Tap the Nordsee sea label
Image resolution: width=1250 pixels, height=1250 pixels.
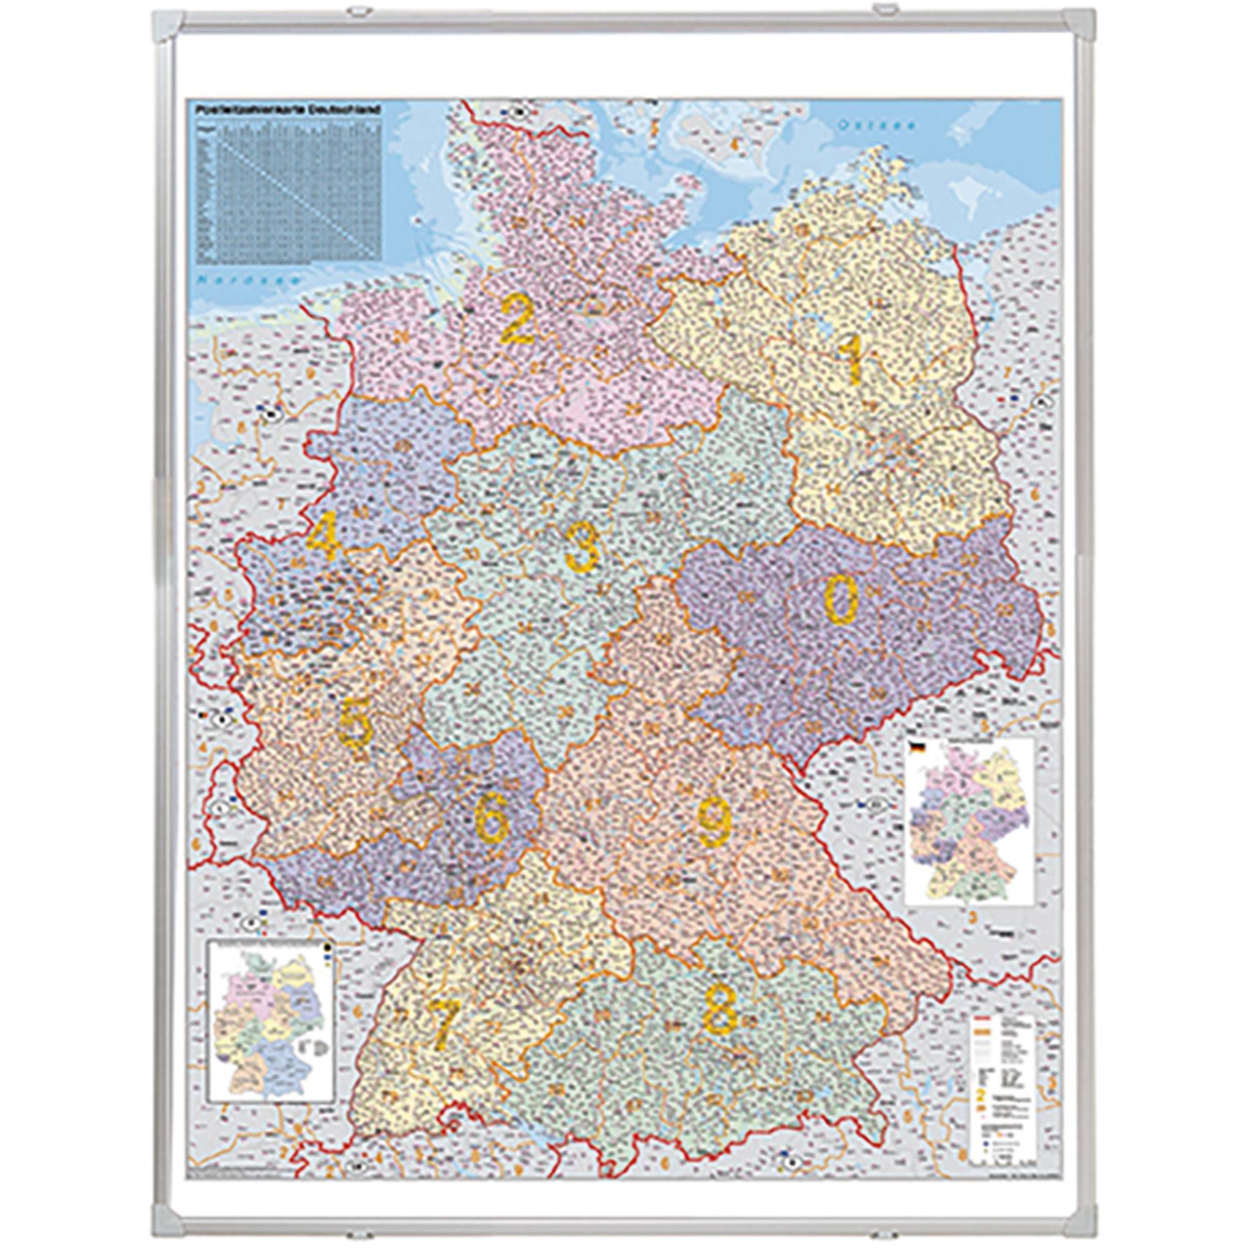[251, 280]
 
